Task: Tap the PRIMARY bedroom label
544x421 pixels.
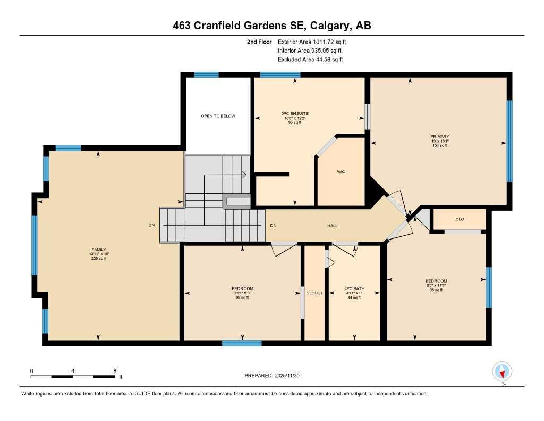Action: [439, 137]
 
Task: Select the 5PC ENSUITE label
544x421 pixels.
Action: [295, 113]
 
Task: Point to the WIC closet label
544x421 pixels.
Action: [341, 172]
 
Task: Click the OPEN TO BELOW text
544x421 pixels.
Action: [218, 116]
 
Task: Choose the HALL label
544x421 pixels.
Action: [332, 226]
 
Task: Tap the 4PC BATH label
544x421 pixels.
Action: [354, 289]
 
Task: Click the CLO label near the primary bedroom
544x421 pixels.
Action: [460, 219]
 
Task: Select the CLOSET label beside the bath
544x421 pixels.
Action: [314, 293]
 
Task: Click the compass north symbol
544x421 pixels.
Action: [502, 372]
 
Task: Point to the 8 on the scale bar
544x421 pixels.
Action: [115, 370]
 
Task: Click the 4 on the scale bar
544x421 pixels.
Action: [73, 370]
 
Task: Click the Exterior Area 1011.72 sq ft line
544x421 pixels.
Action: [313, 42]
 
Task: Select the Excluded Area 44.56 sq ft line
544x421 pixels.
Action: [310, 60]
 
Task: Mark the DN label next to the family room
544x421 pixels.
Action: [151, 226]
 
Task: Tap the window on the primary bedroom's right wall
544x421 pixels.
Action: [509, 141]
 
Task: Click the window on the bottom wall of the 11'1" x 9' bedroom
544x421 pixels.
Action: [234, 343]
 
